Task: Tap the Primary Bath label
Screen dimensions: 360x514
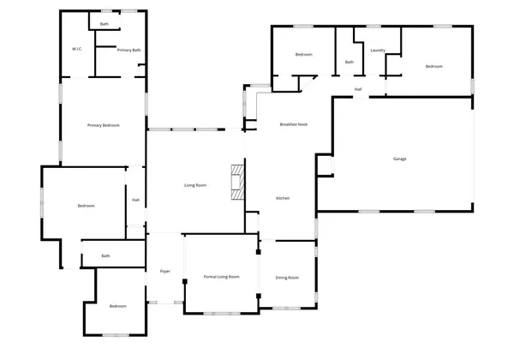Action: [129, 51]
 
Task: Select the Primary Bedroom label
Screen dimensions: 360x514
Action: [104, 126]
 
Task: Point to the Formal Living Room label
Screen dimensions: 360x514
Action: [221, 277]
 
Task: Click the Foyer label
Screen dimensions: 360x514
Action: [165, 272]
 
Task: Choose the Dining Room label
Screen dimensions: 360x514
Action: [287, 278]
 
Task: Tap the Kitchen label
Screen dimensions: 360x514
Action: [283, 199]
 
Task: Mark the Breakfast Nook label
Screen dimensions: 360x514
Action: [293, 125]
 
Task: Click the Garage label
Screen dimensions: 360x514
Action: [400, 159]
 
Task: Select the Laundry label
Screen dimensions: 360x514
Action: [378, 51]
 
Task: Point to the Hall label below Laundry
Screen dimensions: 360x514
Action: [358, 88]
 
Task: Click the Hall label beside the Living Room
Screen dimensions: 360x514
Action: [135, 200]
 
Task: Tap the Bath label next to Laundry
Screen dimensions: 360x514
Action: [350, 62]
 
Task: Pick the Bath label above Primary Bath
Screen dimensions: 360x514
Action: [104, 24]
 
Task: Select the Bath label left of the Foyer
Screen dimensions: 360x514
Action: [106, 255]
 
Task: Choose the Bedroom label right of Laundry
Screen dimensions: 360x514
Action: [434, 66]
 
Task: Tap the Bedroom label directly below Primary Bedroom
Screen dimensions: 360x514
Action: [86, 206]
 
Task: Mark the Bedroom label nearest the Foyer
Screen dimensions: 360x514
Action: [117, 306]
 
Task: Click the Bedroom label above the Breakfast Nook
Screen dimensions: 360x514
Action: [304, 55]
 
